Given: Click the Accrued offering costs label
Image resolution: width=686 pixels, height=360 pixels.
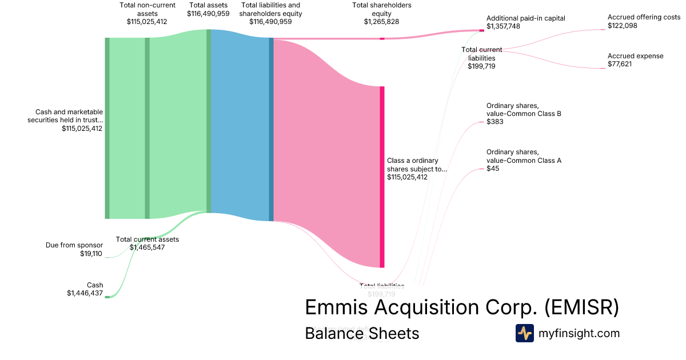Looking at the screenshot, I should (x=644, y=18).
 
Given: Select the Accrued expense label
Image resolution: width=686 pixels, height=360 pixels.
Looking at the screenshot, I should (x=635, y=56).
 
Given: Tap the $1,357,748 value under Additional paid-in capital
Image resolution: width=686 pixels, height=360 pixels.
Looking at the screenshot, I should (x=503, y=26).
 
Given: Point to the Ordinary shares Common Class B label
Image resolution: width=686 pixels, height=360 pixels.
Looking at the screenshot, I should (x=524, y=110).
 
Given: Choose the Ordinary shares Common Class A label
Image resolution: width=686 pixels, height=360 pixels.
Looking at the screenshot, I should (x=524, y=156).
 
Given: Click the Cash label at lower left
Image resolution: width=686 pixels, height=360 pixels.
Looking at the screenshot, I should (x=95, y=285).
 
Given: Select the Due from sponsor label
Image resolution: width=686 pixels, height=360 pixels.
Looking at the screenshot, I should (x=74, y=245).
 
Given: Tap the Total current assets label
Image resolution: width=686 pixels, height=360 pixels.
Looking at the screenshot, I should (x=147, y=239).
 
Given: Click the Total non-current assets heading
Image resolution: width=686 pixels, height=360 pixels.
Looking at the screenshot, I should (x=147, y=9).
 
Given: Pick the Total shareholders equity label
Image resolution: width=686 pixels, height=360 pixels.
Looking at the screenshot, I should (x=381, y=9).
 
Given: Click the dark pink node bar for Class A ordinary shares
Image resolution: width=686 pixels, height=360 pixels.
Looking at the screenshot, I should (x=382, y=177).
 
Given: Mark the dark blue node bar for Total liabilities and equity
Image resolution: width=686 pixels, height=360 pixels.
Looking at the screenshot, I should (x=271, y=129).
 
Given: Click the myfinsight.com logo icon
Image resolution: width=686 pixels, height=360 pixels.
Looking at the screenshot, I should (x=524, y=333).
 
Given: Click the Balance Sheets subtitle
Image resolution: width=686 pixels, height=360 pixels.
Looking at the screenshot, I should (x=362, y=333).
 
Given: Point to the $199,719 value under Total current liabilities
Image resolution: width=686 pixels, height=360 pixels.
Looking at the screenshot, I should (x=481, y=66).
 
